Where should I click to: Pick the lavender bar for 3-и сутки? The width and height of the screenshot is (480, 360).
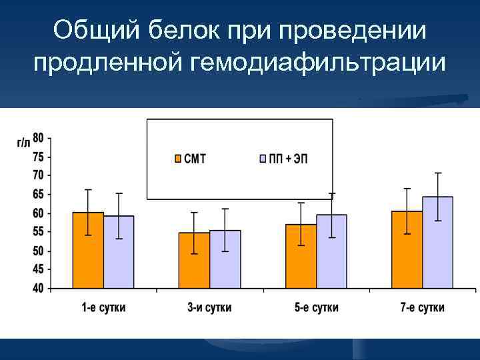tap(225, 259)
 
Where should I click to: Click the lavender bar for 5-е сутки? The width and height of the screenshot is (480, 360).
tap(331, 251)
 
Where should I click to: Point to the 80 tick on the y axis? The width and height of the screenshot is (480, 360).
tap(39, 138)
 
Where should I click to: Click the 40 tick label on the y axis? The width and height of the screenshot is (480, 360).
tap(39, 289)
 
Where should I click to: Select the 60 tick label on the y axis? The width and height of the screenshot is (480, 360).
tap(39, 213)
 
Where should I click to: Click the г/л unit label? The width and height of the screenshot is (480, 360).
tap(23, 142)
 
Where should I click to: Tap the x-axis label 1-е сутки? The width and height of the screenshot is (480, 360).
tap(103, 307)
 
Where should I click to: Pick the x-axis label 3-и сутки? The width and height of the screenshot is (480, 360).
tap(209, 307)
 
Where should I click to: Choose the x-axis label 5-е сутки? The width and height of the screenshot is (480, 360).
tap(316, 307)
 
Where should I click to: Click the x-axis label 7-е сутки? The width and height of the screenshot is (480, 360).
tap(422, 307)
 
